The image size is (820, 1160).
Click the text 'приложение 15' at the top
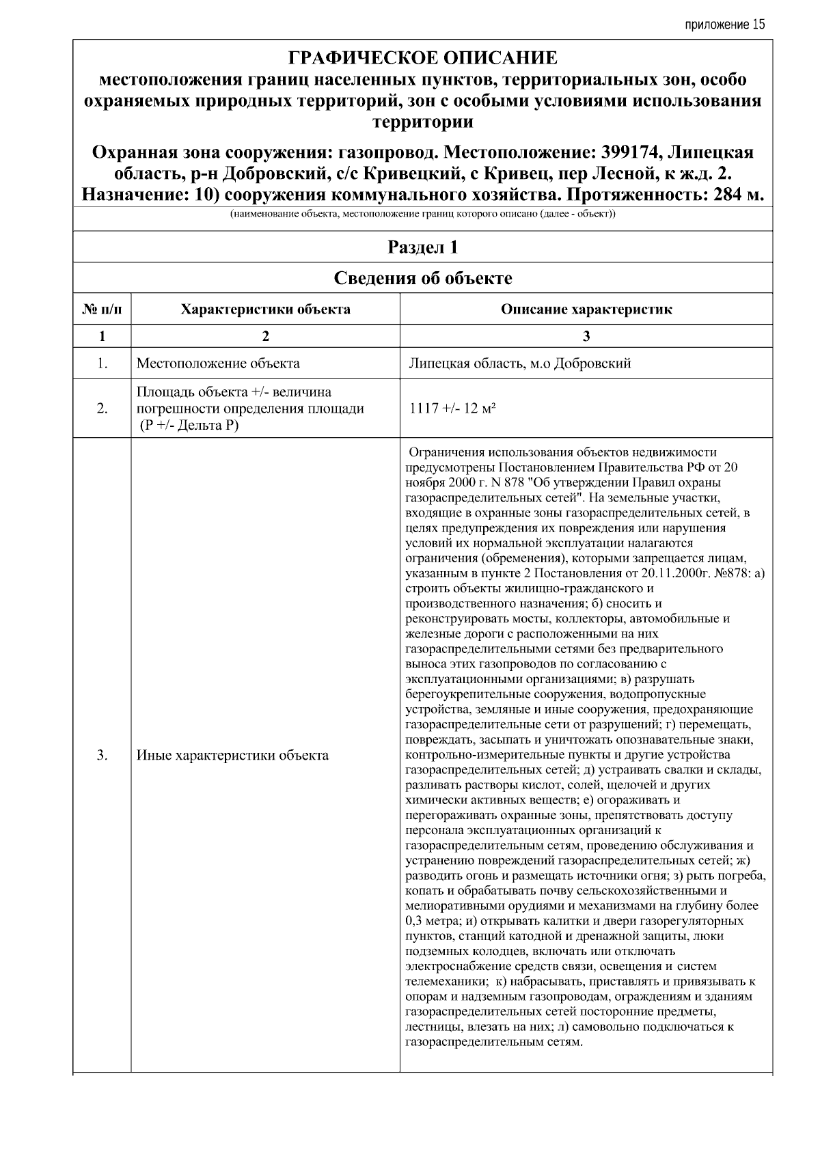click(724, 25)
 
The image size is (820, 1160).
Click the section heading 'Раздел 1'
click(422, 247)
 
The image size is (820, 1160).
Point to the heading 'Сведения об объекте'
click(422, 278)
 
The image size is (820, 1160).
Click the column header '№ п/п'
click(102, 309)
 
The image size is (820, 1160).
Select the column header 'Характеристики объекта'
click(265, 309)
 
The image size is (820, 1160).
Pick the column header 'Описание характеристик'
click(586, 309)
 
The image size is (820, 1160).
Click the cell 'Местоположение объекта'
click(218, 363)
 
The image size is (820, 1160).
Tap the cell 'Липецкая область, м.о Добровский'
click(519, 363)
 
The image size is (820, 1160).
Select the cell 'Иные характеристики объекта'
click(232, 756)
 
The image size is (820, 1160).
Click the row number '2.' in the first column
click(102, 409)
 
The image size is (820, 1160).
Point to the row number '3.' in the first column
click(102, 756)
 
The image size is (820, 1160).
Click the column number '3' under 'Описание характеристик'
click(586, 336)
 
